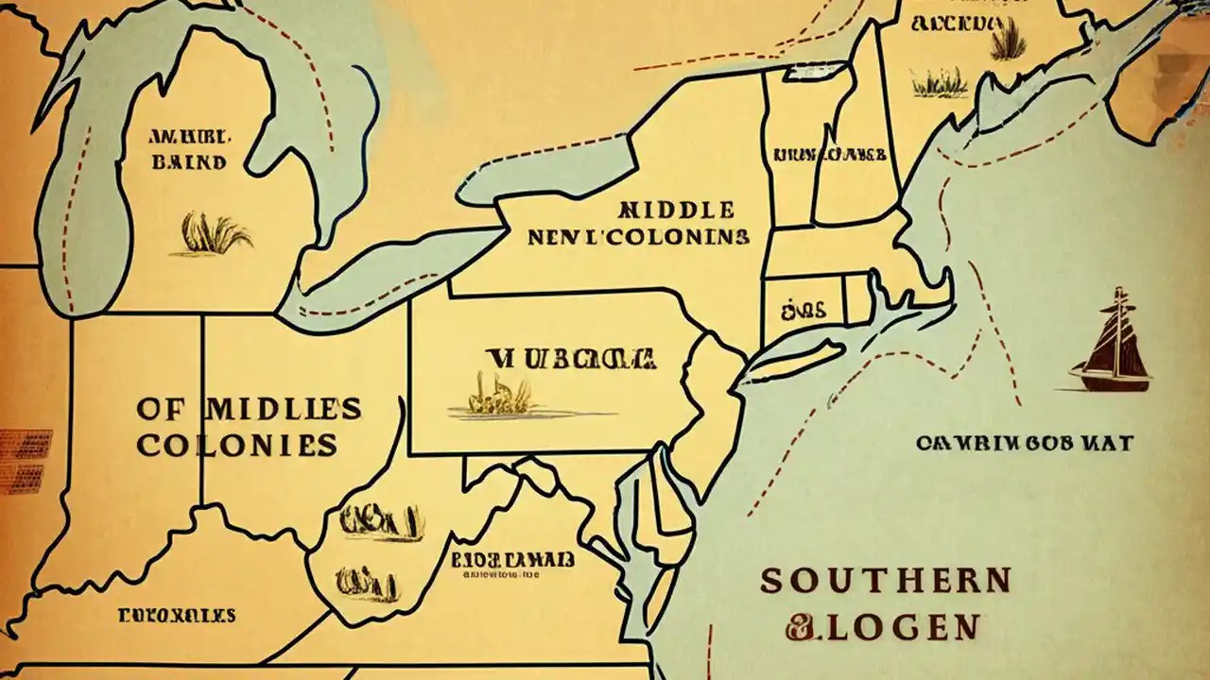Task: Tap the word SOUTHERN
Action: (886, 580)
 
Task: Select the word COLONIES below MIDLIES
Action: (236, 445)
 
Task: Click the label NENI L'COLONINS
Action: (639, 236)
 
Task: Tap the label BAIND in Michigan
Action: (188, 162)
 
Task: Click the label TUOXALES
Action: (177, 616)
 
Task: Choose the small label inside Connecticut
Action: (804, 309)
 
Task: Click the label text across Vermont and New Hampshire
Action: (829, 153)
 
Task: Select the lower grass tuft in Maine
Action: (940, 84)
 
